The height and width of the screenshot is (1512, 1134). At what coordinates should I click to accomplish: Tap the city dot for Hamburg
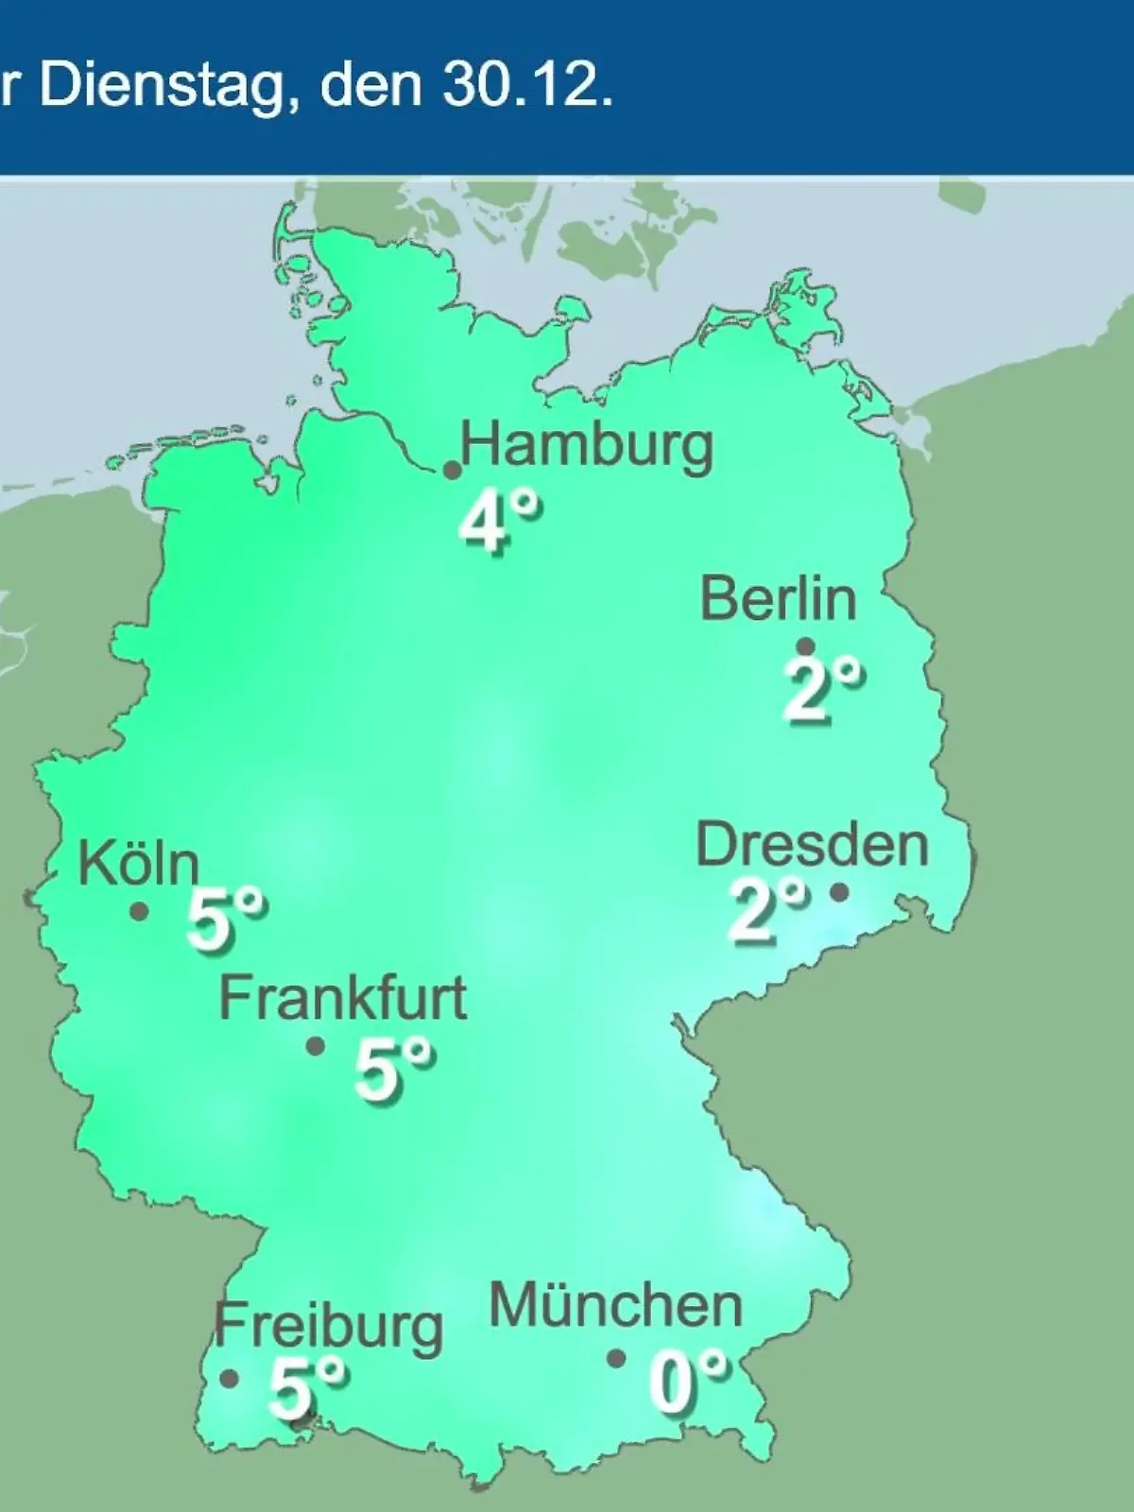[453, 470]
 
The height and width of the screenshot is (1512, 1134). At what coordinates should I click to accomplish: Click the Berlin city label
[779, 599]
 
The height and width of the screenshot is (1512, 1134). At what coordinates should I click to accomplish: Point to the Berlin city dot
[806, 646]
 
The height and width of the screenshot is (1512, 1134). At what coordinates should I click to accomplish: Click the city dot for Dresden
[838, 891]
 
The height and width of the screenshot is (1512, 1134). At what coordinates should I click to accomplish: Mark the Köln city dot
[139, 912]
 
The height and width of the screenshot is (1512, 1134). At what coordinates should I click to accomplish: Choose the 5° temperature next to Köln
[226, 919]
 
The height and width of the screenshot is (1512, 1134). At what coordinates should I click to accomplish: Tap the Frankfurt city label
[343, 998]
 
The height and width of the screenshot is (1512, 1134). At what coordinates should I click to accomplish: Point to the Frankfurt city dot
[316, 1046]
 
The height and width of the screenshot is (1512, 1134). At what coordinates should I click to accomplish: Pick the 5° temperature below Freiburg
[307, 1386]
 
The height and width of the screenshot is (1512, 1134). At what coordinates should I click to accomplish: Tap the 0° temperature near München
[689, 1382]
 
